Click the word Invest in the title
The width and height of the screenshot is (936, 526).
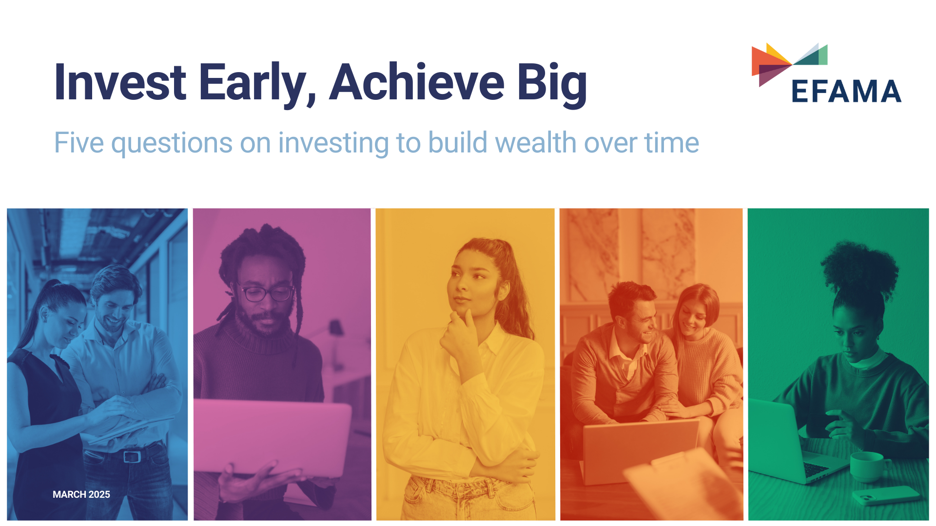pyautogui.click(x=119, y=83)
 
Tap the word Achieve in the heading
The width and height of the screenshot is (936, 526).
pyautogui.click(x=417, y=83)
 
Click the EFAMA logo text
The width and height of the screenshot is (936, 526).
pyautogui.click(x=846, y=92)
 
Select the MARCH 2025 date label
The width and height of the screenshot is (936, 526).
pyautogui.click(x=81, y=494)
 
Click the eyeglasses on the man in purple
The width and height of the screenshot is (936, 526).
pyautogui.click(x=267, y=294)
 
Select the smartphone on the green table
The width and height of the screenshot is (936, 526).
pyautogui.click(x=885, y=495)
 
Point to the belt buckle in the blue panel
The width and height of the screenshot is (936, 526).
pyautogui.click(x=132, y=456)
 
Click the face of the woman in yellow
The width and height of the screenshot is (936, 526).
pyautogui.click(x=470, y=282)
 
